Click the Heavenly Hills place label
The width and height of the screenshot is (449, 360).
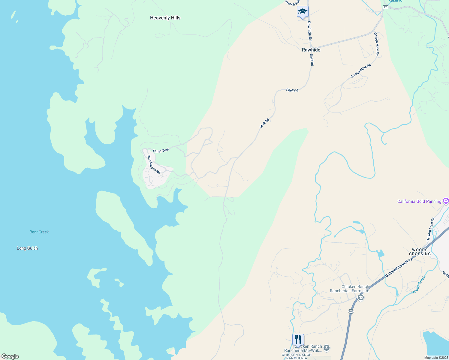(165, 18)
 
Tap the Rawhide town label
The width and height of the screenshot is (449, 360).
(311, 50)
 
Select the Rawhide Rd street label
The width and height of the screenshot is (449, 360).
(309, 31)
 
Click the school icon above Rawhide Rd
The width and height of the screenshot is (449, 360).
(303, 12)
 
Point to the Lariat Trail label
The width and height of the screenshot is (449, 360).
(161, 151)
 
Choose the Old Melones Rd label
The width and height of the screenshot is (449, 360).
(154, 164)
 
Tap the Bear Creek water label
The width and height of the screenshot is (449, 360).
(39, 232)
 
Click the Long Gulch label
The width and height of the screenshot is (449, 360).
(27, 248)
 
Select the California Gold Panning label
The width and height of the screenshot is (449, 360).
(419, 201)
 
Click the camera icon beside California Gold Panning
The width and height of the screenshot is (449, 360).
(446, 201)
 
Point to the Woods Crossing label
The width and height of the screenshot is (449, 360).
(420, 252)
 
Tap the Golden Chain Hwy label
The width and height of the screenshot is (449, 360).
(399, 268)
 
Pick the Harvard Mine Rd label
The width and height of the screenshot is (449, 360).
(430, 230)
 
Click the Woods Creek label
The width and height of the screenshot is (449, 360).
(418, 285)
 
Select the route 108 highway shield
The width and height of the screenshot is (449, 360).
(351, 311)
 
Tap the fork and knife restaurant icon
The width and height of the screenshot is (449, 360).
(298, 340)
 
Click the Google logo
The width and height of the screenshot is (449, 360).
(10, 356)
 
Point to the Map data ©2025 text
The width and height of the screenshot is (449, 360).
(436, 358)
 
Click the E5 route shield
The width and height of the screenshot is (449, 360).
(386, 7)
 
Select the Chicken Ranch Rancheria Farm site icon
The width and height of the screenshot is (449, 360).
(361, 298)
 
